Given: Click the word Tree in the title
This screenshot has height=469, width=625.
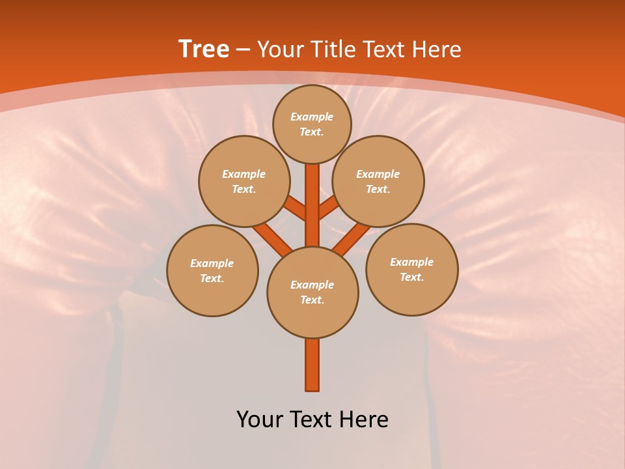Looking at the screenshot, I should click(x=204, y=49).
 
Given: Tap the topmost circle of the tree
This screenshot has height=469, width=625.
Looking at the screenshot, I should click(x=312, y=124).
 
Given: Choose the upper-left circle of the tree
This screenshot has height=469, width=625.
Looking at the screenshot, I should click(x=244, y=181).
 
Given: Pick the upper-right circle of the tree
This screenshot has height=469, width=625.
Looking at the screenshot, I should click(x=378, y=181).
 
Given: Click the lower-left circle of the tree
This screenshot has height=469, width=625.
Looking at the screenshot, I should click(x=212, y=270).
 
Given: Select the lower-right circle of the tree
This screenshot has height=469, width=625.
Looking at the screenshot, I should click(x=412, y=269).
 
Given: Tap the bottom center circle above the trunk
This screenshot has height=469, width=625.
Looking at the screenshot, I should click(x=312, y=292).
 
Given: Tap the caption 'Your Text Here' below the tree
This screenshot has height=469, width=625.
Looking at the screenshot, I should click(x=312, y=419).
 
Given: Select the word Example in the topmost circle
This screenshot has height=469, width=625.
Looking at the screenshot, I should click(x=312, y=117).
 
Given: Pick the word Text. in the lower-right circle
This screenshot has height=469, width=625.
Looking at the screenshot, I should click(x=411, y=277).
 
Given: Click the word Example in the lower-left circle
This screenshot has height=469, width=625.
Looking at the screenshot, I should click(x=212, y=263).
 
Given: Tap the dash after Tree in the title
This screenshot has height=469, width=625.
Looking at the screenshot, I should click(x=243, y=49).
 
